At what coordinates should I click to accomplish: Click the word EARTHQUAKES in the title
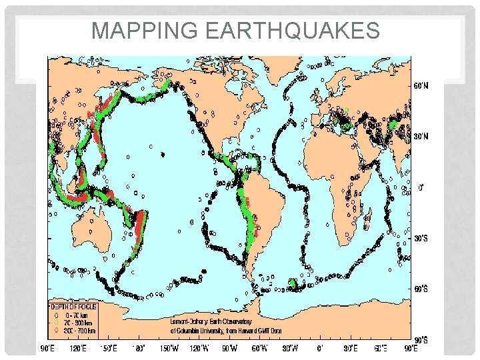[291, 31]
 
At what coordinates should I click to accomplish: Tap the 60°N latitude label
[419, 87]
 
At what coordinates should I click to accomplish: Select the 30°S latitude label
[419, 239]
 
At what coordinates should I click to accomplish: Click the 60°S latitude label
[419, 289]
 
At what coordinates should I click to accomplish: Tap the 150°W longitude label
[169, 347]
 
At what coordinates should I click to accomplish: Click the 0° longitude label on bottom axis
[321, 347]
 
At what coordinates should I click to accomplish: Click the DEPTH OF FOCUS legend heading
[73, 306]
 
